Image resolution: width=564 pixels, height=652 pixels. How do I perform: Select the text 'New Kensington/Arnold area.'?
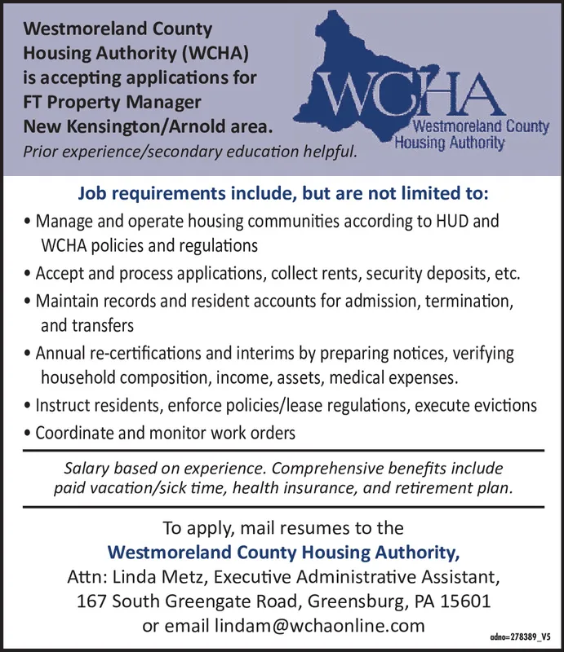tap(148, 127)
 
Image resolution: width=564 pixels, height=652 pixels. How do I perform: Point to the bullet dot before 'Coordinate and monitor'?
tap(29, 434)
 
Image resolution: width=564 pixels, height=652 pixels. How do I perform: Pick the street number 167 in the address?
tap(91, 602)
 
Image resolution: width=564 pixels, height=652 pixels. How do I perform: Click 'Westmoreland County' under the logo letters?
tap(482, 128)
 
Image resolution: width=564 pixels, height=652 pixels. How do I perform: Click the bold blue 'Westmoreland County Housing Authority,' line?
tap(283, 553)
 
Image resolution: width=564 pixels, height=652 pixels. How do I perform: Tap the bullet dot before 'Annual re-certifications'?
tap(29, 355)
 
